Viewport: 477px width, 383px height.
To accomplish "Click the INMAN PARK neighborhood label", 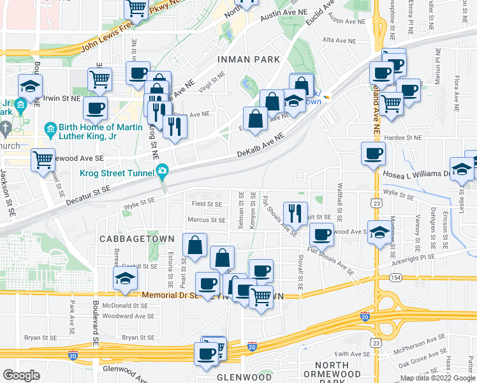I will coord(249,59).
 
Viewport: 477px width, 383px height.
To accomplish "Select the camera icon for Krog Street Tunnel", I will coord(163,170).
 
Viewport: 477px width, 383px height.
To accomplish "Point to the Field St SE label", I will coord(207,204).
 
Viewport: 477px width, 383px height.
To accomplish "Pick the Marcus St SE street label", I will coord(207,220).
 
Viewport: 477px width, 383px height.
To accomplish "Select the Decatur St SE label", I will coord(89,195).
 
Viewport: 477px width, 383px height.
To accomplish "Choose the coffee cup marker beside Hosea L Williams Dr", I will coord(373,153).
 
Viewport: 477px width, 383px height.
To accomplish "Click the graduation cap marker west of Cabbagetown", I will coord(125,277).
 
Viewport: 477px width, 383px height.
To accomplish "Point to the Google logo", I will coord(22,375).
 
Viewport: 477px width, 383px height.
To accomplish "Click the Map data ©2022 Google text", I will coord(437,378).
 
